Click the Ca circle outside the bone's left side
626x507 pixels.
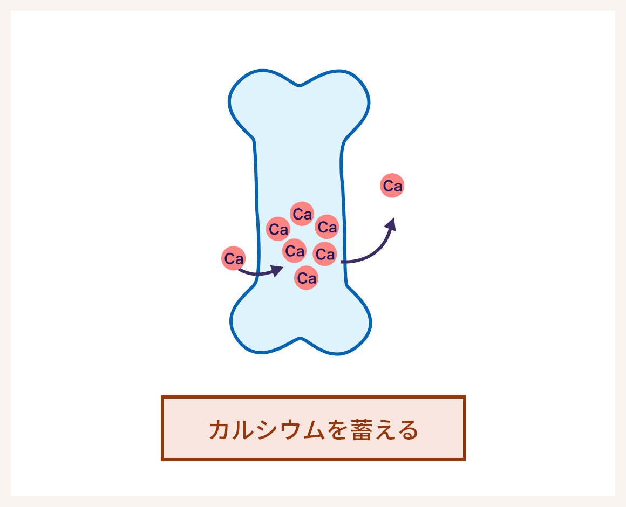point(234,258)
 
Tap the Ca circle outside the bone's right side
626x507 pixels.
point(392,186)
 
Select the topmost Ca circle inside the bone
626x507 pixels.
point(302,214)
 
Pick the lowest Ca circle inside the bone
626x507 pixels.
point(306,278)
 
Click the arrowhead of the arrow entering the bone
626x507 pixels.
point(277,270)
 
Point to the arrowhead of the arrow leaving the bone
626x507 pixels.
point(391,224)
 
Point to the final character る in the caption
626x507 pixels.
point(407,430)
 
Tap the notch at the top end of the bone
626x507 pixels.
point(300,85)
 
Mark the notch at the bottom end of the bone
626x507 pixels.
point(300,338)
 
